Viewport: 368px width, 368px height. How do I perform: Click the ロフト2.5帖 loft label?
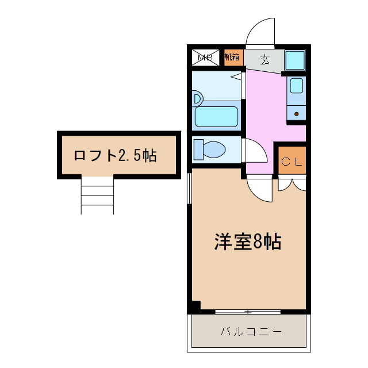click(115, 155)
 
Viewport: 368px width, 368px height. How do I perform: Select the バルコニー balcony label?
click(251, 332)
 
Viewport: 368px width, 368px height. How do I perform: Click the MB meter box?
click(205, 57)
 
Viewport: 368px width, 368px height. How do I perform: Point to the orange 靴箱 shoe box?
click(233, 57)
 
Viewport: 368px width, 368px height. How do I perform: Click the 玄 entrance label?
click(264, 59)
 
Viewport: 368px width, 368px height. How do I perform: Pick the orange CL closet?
click(291, 162)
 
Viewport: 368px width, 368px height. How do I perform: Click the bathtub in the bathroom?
click(216, 116)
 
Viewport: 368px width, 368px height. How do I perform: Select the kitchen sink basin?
click(296, 86)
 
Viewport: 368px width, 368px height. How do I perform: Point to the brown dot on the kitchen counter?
click(296, 114)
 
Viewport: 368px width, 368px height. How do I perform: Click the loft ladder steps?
click(97, 195)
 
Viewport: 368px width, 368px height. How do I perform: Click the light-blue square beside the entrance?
click(294, 60)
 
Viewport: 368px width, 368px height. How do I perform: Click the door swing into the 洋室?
click(260, 190)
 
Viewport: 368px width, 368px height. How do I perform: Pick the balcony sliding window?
click(248, 312)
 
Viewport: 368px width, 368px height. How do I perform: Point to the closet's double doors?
click(292, 184)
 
